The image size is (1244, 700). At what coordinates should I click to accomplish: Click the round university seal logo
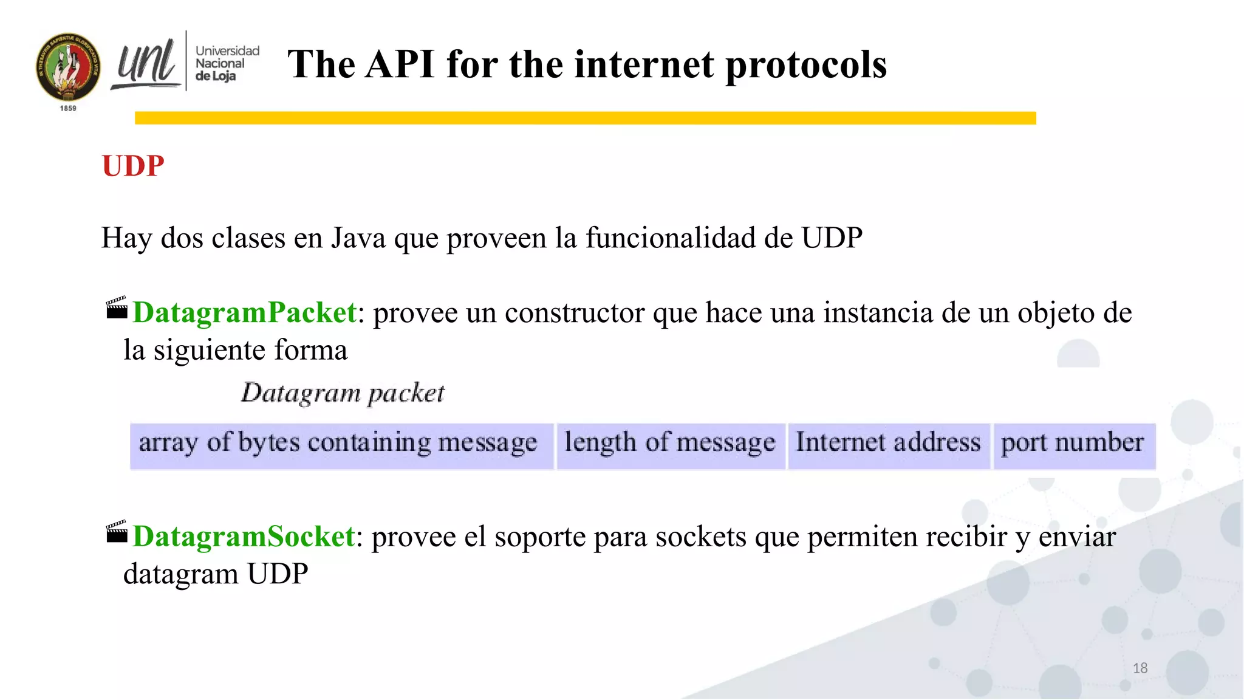pos(68,67)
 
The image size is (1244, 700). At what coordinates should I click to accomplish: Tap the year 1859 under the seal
pos(68,108)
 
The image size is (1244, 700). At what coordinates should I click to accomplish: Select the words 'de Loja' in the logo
pos(216,77)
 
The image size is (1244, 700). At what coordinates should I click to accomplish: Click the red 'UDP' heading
pos(133,166)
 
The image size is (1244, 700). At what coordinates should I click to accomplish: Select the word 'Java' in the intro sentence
pos(358,238)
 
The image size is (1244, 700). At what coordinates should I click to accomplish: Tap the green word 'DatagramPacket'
pos(244,312)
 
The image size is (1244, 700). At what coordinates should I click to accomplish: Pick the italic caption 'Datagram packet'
pos(343,393)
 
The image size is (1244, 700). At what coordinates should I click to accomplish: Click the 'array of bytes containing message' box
pos(341,445)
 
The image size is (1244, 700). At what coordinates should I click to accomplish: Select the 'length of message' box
pos(670,445)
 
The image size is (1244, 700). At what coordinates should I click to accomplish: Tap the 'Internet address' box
pos(888,445)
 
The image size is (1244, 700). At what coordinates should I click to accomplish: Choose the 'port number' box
pos(1073,445)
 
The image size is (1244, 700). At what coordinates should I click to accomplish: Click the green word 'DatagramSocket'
pos(244,537)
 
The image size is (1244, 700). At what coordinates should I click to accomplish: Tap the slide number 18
pos(1140,668)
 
